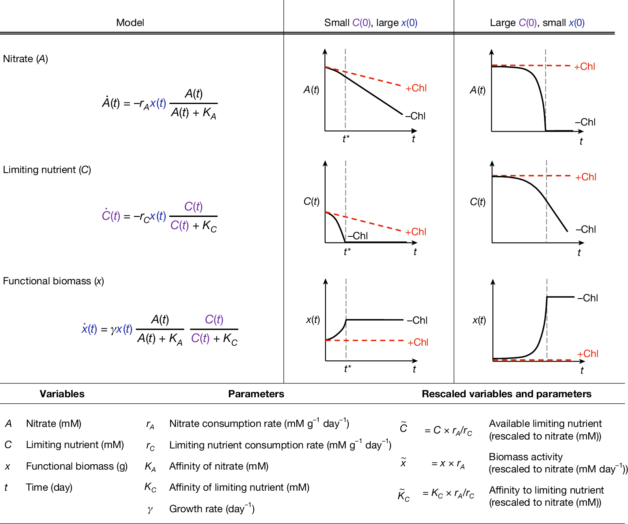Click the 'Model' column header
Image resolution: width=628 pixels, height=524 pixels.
coord(130,23)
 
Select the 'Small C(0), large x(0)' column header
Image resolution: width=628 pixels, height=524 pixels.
coord(370,23)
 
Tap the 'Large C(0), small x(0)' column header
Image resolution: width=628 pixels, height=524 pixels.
coord(537,23)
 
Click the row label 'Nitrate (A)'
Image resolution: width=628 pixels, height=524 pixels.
coord(26,59)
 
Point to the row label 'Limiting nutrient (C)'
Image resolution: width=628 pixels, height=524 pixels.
coord(47,170)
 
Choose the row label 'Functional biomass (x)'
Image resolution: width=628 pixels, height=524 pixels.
coord(53,281)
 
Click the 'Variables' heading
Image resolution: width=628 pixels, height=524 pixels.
coord(62,394)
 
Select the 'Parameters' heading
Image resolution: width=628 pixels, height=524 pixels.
coord(256,394)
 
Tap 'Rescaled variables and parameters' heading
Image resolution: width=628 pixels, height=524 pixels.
coord(506,394)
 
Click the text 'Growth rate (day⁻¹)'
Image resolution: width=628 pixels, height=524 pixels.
coord(211,509)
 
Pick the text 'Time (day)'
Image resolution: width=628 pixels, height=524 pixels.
coord(49,487)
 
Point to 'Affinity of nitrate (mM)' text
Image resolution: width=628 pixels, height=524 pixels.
coord(218,466)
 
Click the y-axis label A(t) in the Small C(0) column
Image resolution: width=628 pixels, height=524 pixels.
coord(311,90)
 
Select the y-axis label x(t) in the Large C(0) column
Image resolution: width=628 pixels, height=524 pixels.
coord(479,320)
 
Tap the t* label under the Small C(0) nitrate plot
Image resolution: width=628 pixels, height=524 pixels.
coord(346,139)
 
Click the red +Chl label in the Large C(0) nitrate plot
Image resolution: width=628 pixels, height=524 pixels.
coord(585,67)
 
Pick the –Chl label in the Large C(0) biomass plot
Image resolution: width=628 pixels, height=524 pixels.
coord(587,298)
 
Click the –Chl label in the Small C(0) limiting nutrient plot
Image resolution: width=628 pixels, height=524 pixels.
coord(358,236)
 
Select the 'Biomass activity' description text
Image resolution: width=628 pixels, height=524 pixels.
coord(525,457)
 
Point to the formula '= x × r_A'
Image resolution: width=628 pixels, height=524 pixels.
coord(448,463)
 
